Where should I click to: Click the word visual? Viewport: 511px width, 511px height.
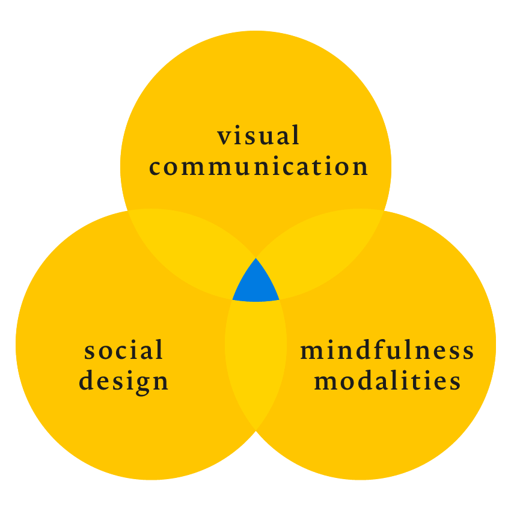click(258, 135)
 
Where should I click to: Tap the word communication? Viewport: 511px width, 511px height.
click(259, 166)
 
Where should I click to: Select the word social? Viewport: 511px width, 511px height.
click(123, 350)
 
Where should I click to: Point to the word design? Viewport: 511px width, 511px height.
click(123, 381)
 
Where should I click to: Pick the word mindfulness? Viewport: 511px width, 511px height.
click(387, 349)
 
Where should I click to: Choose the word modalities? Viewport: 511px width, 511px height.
click(387, 380)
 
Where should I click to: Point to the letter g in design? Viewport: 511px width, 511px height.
click(142, 385)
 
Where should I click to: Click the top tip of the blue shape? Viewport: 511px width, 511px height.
click(256, 258)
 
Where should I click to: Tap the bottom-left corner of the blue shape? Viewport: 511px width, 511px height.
click(233, 299)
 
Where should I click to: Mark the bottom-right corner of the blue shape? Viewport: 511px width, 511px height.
click(280, 299)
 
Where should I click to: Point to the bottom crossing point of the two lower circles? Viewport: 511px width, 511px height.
click(256, 430)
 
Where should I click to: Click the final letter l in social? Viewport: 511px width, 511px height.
click(159, 349)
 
